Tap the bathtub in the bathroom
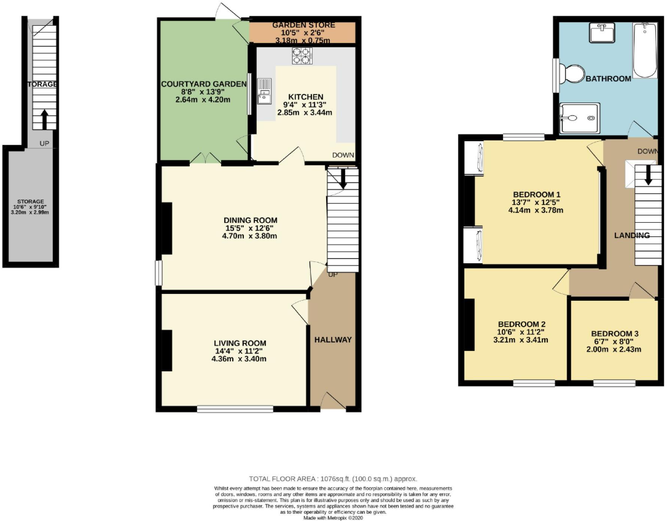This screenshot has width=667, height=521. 645,50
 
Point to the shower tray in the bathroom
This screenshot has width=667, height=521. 579,117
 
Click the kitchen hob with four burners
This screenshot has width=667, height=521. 302,56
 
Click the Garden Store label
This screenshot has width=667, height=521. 305,25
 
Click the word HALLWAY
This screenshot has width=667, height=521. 333,339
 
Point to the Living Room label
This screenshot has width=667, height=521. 240,343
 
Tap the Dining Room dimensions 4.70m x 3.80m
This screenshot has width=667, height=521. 250,235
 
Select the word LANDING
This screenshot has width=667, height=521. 632,235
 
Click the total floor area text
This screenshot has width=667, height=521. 333,479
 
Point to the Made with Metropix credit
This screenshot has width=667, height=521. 333,517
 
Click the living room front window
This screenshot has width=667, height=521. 235,409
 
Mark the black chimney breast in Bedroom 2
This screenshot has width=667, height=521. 469,325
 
